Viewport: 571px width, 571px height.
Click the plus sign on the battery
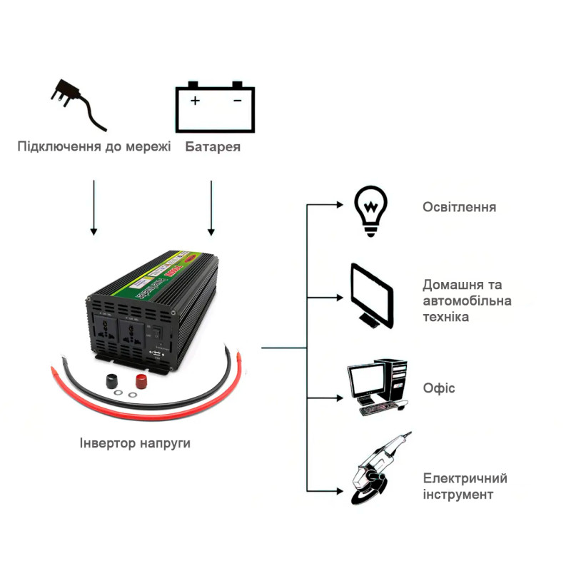(196, 101)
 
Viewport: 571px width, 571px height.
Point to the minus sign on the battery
(238, 101)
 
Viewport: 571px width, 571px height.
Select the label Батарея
(213, 148)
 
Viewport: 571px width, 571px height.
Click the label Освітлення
(459, 208)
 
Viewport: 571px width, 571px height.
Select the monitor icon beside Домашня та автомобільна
(372, 295)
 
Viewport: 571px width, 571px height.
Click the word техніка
(446, 316)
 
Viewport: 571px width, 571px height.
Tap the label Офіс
(439, 388)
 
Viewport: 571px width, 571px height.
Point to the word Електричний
(465, 478)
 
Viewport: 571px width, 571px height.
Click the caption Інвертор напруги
(135, 443)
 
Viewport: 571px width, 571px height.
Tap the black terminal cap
(113, 380)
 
